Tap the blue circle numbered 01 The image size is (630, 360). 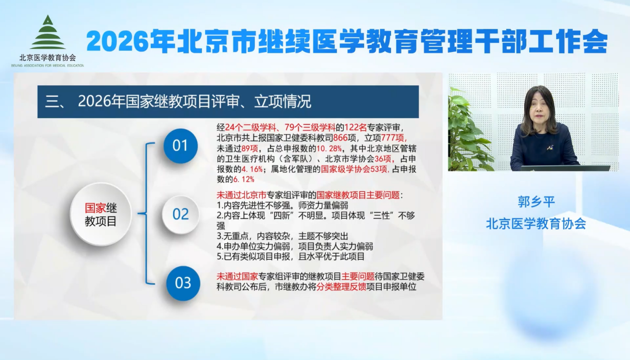pos(180,146)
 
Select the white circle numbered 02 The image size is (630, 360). pos(181,215)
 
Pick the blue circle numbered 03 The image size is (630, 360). pos(183,283)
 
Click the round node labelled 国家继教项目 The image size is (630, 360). pos(101,215)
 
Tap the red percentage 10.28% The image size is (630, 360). pos(329,148)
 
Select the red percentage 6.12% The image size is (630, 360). pos(244,179)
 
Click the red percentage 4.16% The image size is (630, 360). pos(252,169)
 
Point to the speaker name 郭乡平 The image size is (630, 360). pos(536,202)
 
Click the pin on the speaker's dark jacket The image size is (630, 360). pos(549,148)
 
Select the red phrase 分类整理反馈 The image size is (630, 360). pos(342,287)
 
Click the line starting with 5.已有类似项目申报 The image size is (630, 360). pos(291,257)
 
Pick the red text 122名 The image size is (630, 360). pos(355,128)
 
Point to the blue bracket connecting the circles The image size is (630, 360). pos(146,214)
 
